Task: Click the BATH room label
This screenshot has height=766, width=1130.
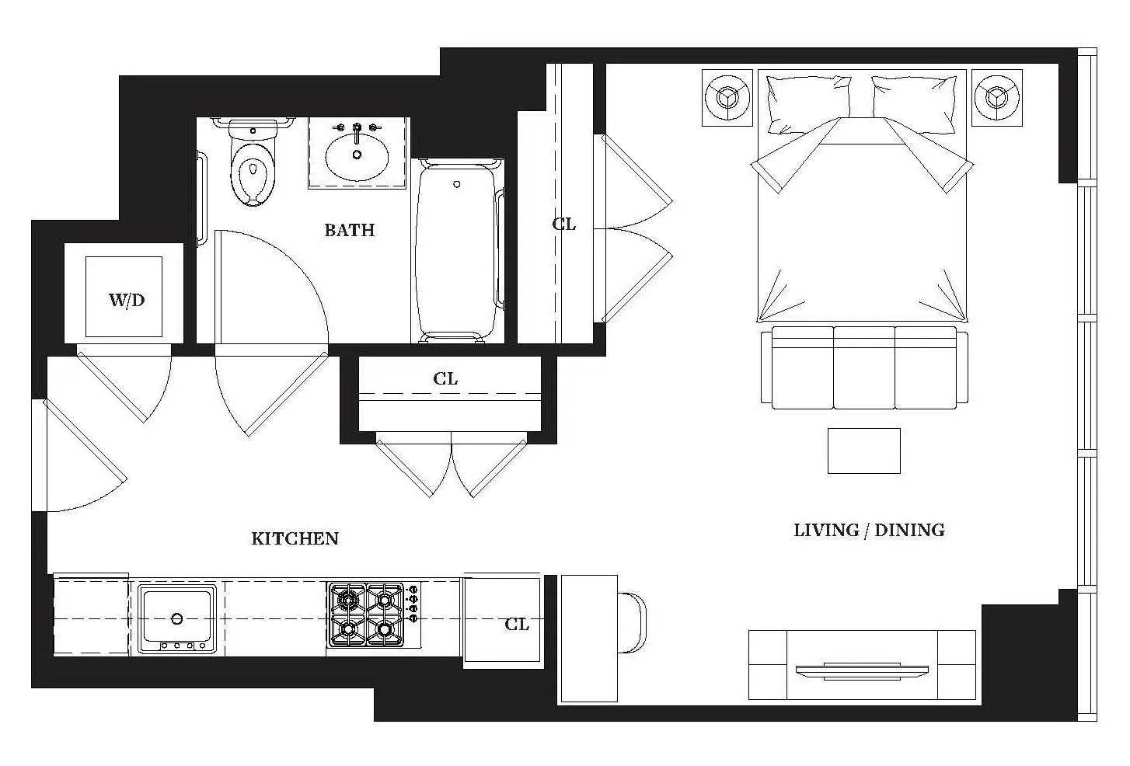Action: (x=349, y=230)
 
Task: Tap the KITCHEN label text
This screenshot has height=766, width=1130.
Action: (x=295, y=538)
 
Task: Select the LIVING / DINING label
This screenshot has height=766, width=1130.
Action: (x=868, y=530)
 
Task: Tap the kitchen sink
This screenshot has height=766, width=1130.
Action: (x=176, y=618)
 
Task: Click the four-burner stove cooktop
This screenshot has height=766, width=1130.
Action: (x=365, y=615)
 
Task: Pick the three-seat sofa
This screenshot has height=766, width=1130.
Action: (x=864, y=367)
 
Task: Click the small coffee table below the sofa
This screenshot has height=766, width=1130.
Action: (x=863, y=451)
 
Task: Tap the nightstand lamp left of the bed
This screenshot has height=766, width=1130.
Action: (x=727, y=97)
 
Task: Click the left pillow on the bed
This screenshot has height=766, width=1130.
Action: (x=807, y=103)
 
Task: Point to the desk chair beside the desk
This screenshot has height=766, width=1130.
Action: (x=633, y=621)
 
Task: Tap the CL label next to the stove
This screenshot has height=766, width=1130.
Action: (x=517, y=624)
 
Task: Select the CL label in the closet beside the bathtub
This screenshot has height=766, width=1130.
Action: (x=564, y=224)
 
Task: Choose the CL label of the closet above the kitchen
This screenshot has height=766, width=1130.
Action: (x=445, y=378)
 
